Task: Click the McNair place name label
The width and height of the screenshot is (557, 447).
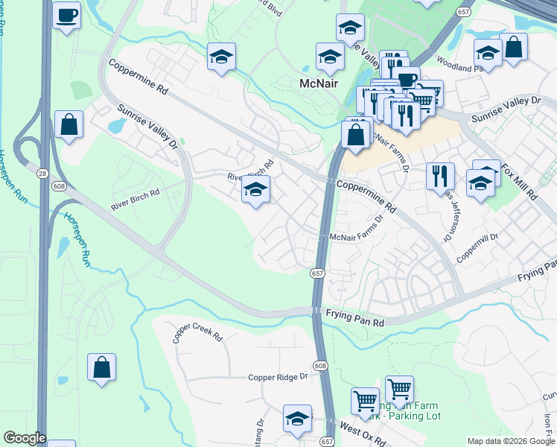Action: pos(319,83)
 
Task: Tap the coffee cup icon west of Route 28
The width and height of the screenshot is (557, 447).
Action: pos(67,16)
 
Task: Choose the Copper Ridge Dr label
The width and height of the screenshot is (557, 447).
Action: pos(278,377)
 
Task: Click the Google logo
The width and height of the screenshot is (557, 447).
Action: pos(24,438)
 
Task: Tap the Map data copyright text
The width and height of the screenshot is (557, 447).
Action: pos(510,441)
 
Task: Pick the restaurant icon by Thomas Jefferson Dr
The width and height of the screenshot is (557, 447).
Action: pos(440,175)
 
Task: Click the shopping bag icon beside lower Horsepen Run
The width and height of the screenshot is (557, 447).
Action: pos(101,367)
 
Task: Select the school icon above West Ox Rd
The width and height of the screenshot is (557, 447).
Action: pos(297,419)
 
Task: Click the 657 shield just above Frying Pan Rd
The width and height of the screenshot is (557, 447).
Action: pos(316,274)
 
